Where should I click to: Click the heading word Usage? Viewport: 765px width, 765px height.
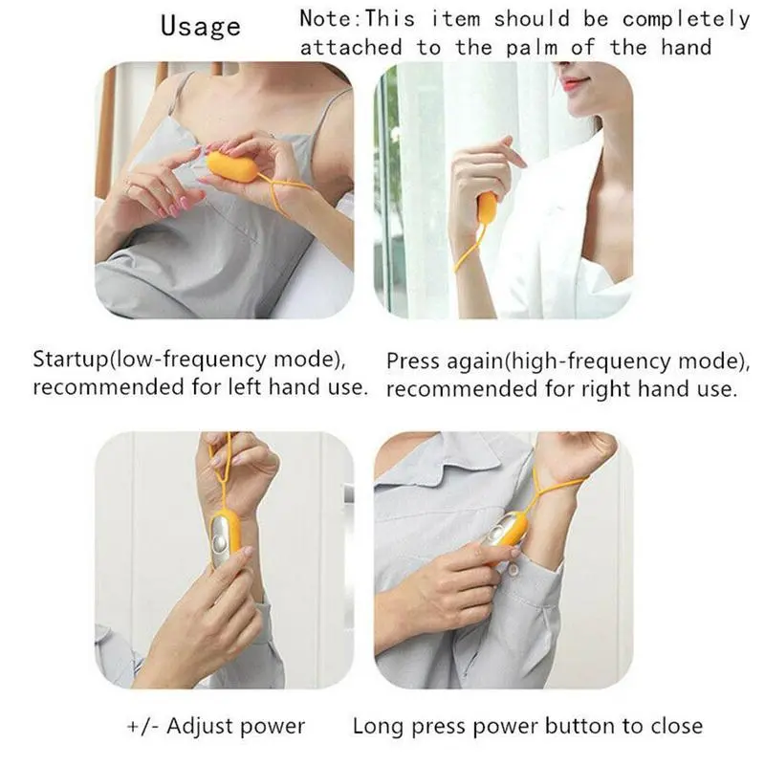point(201,26)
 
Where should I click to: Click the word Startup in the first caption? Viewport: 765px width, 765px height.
point(69,361)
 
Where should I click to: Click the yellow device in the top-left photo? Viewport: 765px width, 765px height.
point(232,166)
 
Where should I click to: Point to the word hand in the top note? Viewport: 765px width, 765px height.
point(687,48)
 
